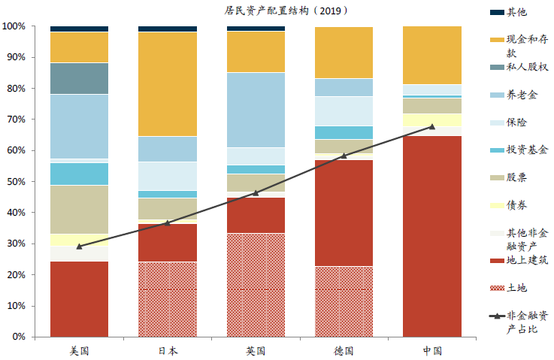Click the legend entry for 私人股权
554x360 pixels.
(x=526, y=68)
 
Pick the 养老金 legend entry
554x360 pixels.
(x=522, y=95)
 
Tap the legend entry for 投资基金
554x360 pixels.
(x=526, y=150)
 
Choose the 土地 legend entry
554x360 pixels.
(x=516, y=288)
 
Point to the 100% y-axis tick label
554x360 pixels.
(x=14, y=26)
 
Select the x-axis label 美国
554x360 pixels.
(x=79, y=350)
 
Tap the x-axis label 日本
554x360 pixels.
(x=168, y=350)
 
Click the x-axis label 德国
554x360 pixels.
(x=344, y=350)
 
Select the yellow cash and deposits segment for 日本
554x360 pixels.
(x=168, y=84)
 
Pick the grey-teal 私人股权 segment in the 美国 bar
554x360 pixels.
(x=79, y=78)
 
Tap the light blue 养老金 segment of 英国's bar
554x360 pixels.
(x=256, y=110)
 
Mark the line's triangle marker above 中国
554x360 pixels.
(x=432, y=126)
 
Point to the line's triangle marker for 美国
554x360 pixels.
(x=79, y=246)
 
